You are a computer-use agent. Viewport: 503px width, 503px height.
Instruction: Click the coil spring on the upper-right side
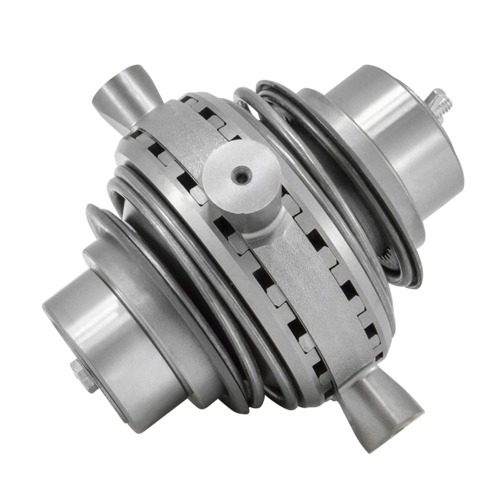[x=327, y=189]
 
